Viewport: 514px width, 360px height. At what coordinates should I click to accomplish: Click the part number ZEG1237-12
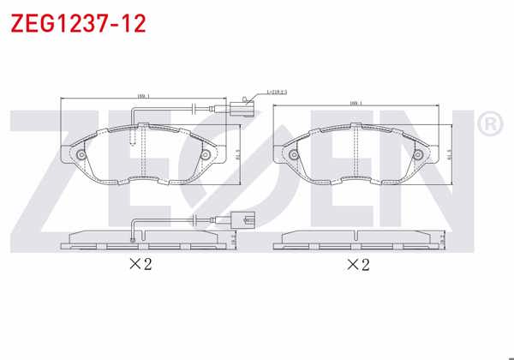point(78,22)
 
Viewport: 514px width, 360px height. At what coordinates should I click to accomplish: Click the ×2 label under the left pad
point(139,264)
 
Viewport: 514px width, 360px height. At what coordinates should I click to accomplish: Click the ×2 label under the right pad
point(357,264)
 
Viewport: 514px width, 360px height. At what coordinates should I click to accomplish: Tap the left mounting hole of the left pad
point(81,155)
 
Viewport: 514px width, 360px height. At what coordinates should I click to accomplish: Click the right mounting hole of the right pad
point(419,155)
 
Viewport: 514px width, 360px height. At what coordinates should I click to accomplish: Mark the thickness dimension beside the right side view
point(442,242)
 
